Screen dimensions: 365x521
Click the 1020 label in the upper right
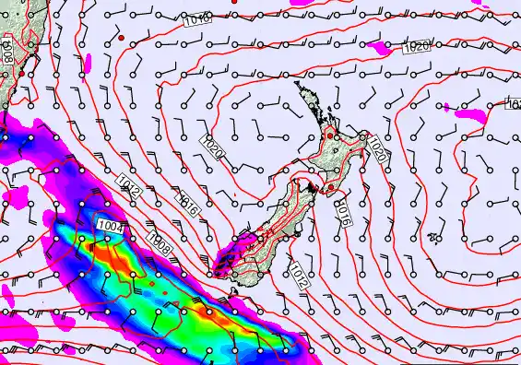click(x=417, y=47)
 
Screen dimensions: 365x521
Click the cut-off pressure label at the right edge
click(x=514, y=105)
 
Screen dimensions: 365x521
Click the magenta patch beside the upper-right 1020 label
click(x=378, y=44)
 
